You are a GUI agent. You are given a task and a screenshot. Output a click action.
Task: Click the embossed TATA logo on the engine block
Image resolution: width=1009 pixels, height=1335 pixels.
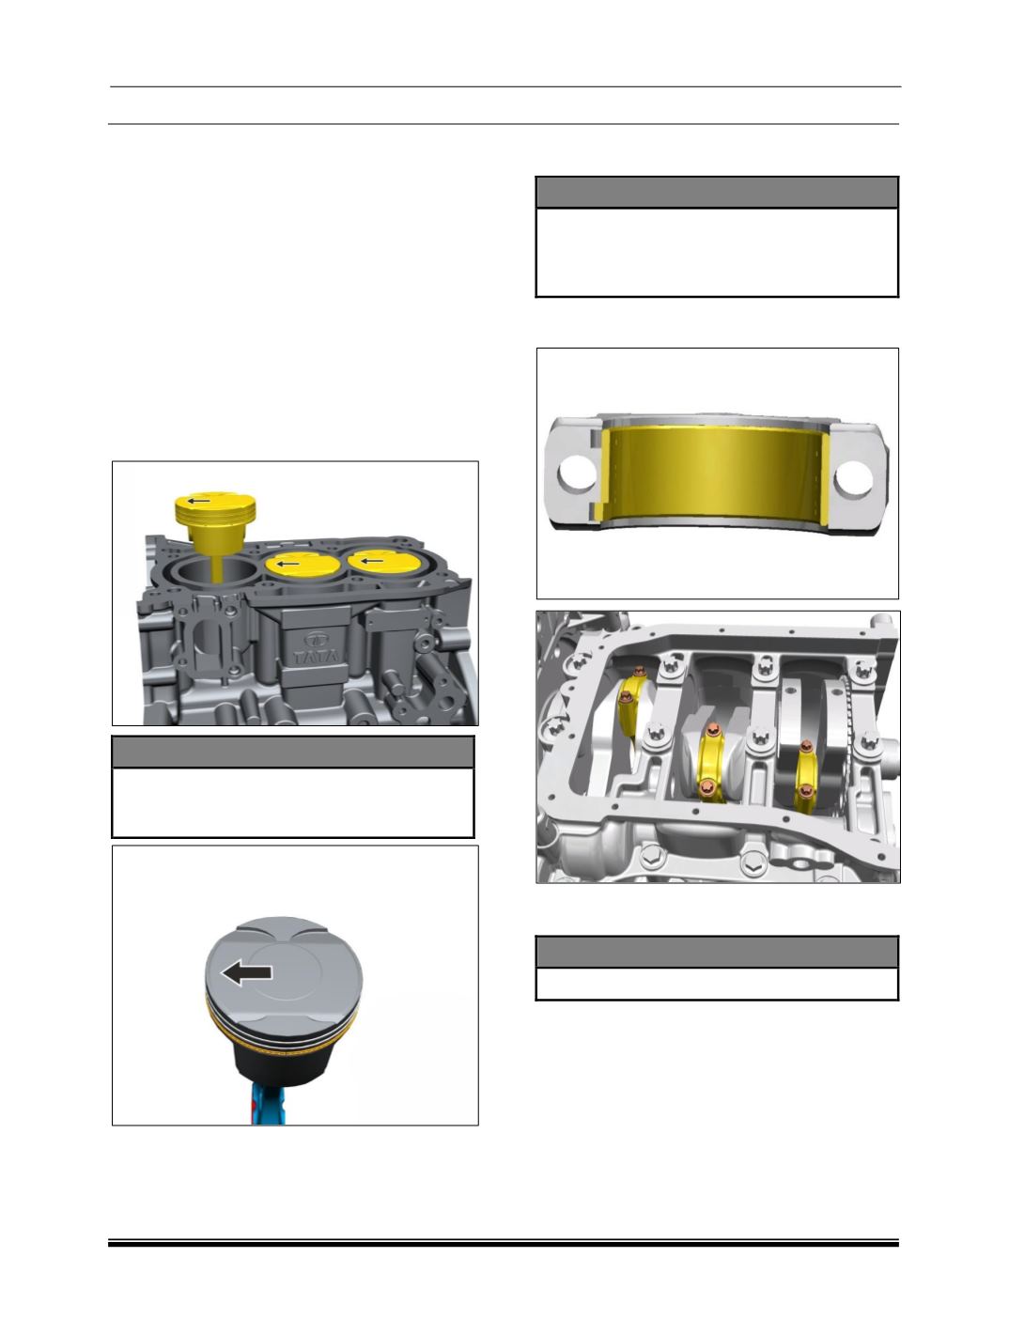(x=316, y=647)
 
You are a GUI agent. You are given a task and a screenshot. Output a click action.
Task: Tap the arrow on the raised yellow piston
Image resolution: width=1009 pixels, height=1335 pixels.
(x=198, y=501)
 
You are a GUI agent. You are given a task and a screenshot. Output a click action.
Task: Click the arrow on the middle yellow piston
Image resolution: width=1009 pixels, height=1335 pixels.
(x=291, y=564)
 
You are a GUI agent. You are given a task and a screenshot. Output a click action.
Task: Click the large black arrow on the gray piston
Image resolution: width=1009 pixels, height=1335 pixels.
(x=246, y=973)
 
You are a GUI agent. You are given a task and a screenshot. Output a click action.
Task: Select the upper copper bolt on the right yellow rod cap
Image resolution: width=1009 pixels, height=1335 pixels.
(x=806, y=747)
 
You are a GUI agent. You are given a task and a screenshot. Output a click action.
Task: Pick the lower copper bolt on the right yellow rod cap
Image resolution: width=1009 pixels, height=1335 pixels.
(x=805, y=790)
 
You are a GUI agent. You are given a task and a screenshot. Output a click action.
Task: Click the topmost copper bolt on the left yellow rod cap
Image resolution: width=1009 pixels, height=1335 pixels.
(x=639, y=672)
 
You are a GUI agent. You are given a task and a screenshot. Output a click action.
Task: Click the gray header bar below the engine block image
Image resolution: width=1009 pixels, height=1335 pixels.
(x=292, y=752)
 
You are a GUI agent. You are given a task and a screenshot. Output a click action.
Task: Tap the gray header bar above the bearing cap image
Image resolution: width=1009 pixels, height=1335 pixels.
(x=717, y=193)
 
